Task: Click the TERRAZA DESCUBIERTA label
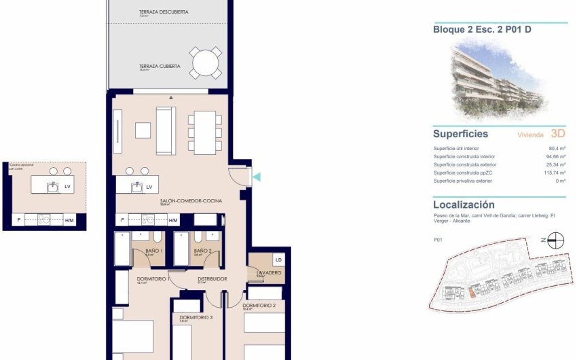pos(163,12)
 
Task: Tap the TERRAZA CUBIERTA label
pos(159,67)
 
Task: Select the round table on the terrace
pos(205,65)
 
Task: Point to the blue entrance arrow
pos(257,177)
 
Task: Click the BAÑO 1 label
pos(154,251)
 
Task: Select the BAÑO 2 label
pos(203,251)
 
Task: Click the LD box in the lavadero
pos(278,259)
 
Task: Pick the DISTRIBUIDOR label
pos(212,279)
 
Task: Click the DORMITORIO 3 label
pos(196,317)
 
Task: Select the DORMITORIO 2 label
pos(259,305)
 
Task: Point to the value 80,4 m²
pos(557,148)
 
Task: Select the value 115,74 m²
pos(554,173)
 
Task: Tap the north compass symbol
pos(556,239)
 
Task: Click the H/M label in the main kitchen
pos(173,220)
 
